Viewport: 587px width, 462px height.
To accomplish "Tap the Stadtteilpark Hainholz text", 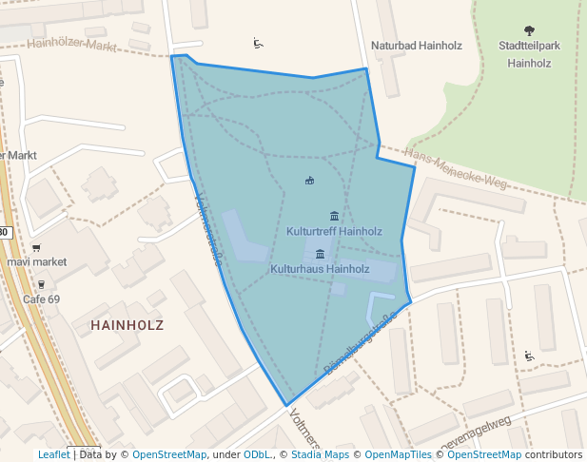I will [x=530, y=54].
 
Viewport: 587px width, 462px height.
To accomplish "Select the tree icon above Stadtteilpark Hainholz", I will [x=530, y=31].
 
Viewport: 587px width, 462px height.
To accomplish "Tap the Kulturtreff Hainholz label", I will [x=334, y=231].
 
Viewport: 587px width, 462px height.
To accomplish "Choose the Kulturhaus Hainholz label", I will [x=320, y=269].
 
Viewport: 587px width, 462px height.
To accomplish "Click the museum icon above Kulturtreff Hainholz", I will [x=334, y=216].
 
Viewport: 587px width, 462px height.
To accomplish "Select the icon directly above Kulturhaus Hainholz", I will [x=320, y=254].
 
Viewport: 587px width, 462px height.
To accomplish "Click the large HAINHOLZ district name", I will [x=127, y=325].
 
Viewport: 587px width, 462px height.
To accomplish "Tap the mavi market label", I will [x=37, y=261].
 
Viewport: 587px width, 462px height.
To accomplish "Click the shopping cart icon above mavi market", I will [x=36, y=246].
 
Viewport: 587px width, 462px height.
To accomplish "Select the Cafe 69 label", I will [x=41, y=299].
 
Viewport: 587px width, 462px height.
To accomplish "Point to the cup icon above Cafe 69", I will [x=41, y=284].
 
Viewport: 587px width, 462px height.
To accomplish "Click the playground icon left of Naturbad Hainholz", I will [x=258, y=43].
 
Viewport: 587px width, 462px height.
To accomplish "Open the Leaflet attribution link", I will [x=53, y=454].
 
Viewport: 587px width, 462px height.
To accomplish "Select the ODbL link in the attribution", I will [x=257, y=454].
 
